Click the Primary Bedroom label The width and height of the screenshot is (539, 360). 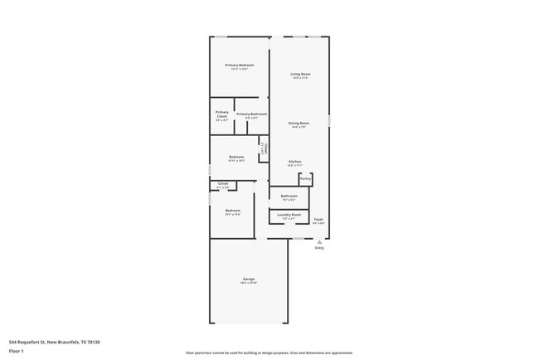tap(239, 65)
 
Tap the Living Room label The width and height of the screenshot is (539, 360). tap(300, 75)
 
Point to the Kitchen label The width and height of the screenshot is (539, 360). tap(294, 162)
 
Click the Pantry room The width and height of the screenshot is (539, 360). tap(305, 178)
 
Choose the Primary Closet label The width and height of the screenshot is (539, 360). tap(222, 114)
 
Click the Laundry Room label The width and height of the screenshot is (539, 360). tap(289, 215)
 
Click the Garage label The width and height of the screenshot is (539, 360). tap(249, 279)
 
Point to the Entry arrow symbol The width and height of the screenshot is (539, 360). tap(319, 241)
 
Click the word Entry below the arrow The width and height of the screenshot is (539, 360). tap(319, 248)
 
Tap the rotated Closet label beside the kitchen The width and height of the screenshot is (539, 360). tap(264, 148)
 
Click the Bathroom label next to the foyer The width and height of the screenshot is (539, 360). tap(289, 196)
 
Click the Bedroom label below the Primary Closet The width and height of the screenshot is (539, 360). tap(236, 157)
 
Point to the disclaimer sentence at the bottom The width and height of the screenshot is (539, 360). tap(269, 353)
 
